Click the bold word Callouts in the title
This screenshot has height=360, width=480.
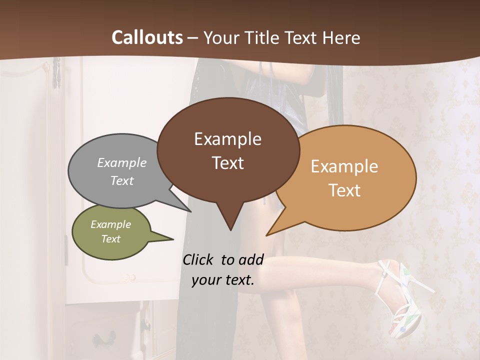[x=147, y=37]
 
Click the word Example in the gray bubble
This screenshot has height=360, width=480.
[x=122, y=162]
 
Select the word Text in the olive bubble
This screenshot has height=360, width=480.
[x=111, y=239]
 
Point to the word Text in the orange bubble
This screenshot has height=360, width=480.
[x=345, y=190]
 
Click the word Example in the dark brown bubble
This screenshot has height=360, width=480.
[x=227, y=139]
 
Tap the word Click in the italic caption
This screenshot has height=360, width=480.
[x=199, y=259]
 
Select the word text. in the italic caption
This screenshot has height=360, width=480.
[x=237, y=280]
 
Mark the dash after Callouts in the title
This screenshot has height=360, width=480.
[x=192, y=37]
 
